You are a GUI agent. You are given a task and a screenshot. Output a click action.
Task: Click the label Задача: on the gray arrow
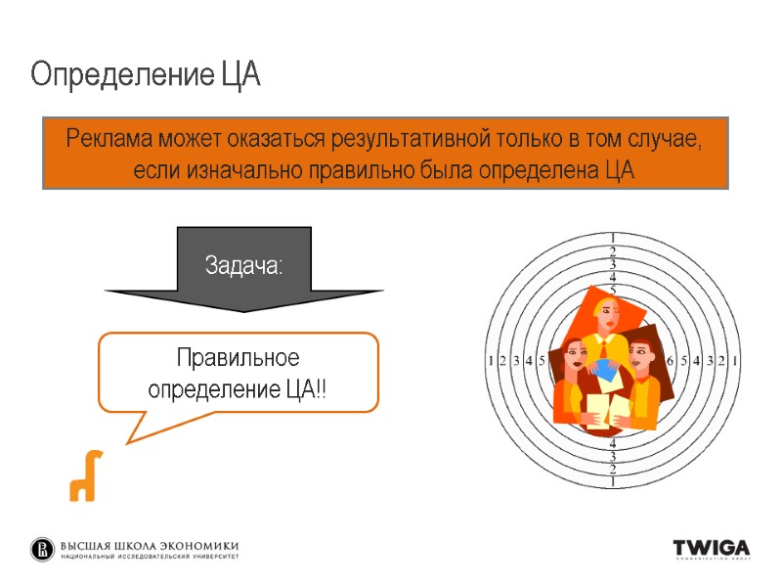(x=243, y=264)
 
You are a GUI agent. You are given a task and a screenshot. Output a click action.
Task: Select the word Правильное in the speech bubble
(x=238, y=357)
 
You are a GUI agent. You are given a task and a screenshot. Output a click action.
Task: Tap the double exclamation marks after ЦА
(x=321, y=389)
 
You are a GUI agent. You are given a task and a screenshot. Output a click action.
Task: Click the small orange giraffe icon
(x=83, y=475)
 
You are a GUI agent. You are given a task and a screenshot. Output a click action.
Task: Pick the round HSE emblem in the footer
(x=43, y=550)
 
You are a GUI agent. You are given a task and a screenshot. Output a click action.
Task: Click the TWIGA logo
(x=711, y=548)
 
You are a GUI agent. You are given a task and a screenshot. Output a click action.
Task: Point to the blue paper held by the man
(x=605, y=371)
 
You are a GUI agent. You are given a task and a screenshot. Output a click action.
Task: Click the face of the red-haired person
(x=640, y=358)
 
